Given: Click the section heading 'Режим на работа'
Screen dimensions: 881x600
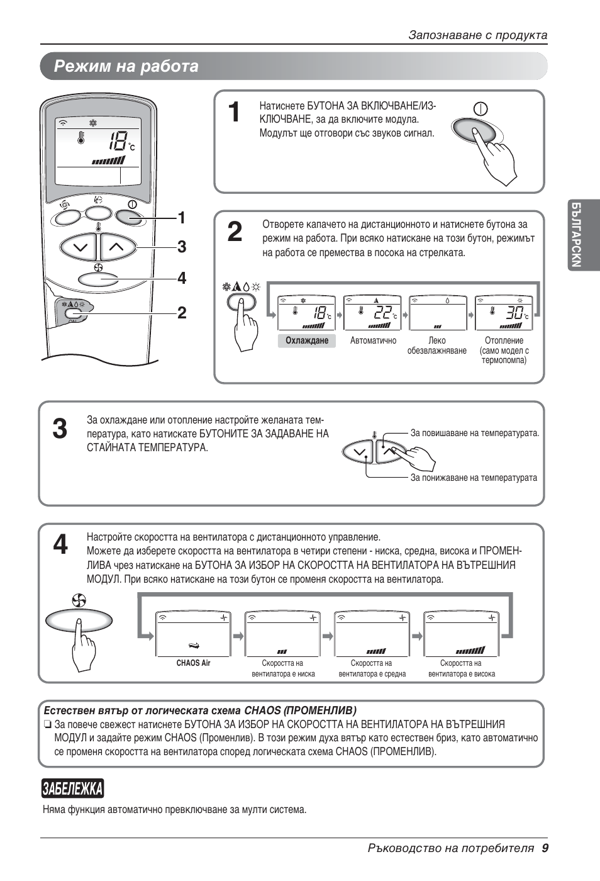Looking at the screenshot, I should click(x=126, y=66).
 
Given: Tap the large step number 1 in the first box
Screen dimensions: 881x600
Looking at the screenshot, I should click(x=234, y=113).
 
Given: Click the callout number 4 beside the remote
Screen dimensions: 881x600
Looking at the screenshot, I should click(x=182, y=278).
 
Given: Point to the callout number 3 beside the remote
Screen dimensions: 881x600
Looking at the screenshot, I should click(x=182, y=247).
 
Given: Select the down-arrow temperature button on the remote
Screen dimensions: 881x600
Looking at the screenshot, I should click(x=80, y=247).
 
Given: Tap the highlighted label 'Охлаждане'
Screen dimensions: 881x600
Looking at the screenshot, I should click(x=307, y=340).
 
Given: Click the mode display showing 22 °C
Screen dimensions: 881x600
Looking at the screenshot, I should click(x=372, y=313).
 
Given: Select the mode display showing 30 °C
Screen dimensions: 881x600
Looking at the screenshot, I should click(x=504, y=313).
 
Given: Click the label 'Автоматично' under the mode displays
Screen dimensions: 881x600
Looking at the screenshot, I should click(x=373, y=340).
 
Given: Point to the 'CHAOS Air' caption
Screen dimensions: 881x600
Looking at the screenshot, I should click(x=193, y=663).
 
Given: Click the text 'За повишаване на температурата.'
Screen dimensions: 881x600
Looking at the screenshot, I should click(x=474, y=433).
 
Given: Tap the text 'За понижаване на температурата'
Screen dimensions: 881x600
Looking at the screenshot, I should click(x=474, y=478).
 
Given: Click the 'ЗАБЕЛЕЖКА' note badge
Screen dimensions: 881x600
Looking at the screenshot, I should click(x=72, y=788).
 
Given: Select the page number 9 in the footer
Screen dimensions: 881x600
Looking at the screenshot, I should click(x=545, y=848).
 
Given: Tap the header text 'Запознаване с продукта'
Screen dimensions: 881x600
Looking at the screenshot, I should click(x=477, y=35).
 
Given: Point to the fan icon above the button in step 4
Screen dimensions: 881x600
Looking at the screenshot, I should click(x=79, y=601).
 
